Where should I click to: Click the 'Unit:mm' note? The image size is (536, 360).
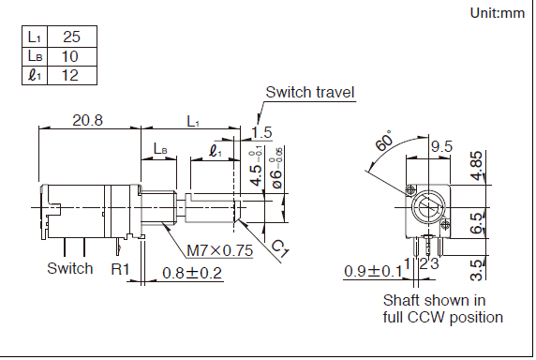(x=497, y=13)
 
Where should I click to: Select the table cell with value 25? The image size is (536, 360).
(x=72, y=37)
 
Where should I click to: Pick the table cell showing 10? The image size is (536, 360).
(x=72, y=56)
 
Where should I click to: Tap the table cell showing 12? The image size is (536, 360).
(x=72, y=75)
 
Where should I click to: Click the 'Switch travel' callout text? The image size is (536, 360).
(x=310, y=92)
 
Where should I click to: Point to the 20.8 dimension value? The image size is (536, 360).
(x=87, y=120)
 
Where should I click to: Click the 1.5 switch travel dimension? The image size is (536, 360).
(x=261, y=132)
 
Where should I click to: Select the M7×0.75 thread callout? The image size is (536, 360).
(x=220, y=250)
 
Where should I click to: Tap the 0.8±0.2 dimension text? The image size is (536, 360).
(x=192, y=273)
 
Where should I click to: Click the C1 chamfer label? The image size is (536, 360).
(x=280, y=248)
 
